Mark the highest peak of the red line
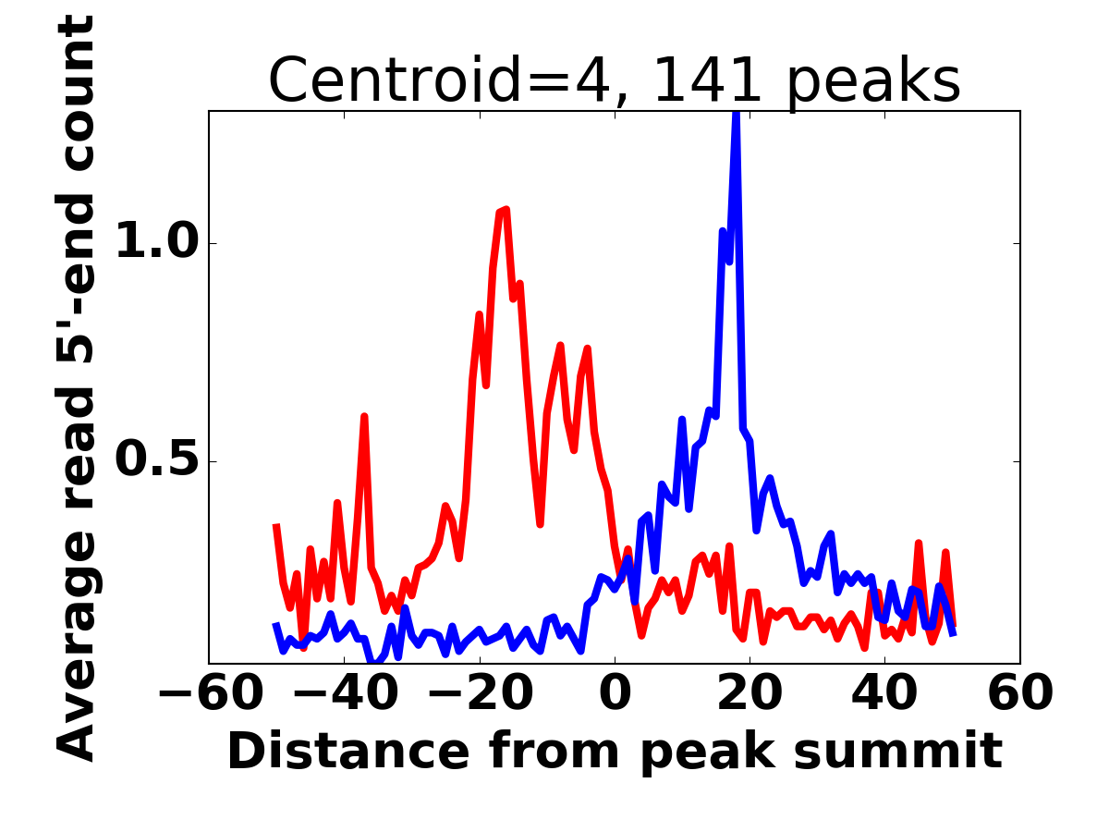point(505,211)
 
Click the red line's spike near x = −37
point(364,417)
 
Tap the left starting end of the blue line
point(275,625)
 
